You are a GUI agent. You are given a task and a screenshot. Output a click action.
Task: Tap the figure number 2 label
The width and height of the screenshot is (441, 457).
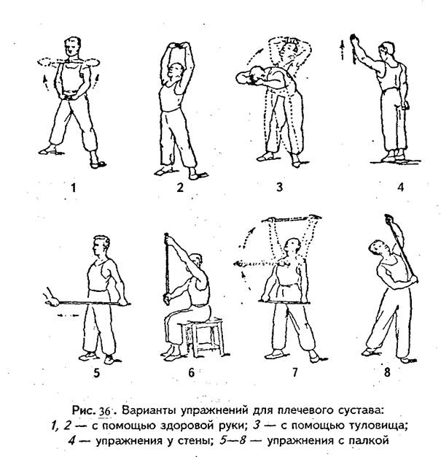pyautogui.click(x=179, y=187)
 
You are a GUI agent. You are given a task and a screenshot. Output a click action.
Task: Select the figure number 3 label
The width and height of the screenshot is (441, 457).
pyautogui.click(x=279, y=187)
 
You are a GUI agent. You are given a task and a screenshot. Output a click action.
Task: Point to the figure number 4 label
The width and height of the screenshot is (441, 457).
pyautogui.click(x=399, y=187)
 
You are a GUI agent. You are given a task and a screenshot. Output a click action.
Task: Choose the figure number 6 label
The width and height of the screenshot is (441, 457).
pyautogui.click(x=191, y=372)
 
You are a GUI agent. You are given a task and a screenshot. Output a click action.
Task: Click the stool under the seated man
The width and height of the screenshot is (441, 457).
pyautogui.click(x=205, y=338)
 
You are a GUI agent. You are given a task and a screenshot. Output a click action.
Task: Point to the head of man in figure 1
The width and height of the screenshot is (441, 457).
pyautogui.click(x=71, y=48)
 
